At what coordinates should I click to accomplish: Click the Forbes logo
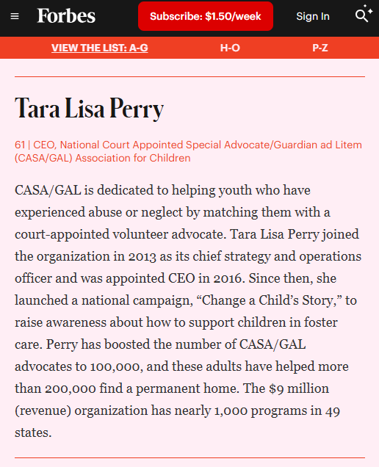point(66,15)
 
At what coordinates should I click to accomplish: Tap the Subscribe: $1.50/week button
point(206,16)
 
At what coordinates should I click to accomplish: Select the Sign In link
point(313,16)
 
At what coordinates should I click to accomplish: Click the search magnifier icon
point(362,15)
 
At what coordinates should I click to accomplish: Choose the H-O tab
point(230,48)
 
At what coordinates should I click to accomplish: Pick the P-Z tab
point(320,48)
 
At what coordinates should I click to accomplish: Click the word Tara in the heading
point(36,109)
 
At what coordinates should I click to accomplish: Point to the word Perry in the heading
point(137,109)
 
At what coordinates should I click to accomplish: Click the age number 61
point(20,145)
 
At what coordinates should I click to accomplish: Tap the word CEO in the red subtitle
point(42,145)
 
